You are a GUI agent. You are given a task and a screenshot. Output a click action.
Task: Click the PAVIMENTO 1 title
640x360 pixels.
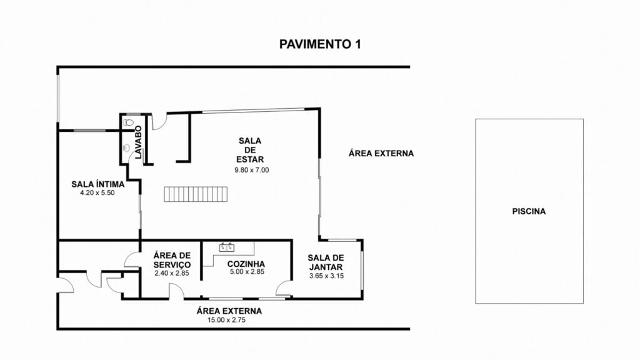(320, 44)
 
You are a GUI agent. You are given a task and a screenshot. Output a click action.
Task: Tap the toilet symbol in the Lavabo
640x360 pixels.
(128, 122)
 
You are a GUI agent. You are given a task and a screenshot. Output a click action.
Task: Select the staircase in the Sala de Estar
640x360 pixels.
(196, 194)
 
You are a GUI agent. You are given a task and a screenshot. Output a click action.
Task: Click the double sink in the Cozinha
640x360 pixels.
(226, 247)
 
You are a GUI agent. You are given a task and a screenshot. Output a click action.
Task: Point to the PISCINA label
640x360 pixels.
(529, 211)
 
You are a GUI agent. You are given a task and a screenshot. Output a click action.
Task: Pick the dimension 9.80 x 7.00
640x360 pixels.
(252, 170)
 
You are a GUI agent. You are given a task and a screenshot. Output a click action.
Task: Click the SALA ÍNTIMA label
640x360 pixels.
(98, 184)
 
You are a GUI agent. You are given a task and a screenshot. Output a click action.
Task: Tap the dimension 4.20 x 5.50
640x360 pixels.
(97, 193)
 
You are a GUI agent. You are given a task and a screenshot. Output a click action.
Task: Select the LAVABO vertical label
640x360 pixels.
(138, 142)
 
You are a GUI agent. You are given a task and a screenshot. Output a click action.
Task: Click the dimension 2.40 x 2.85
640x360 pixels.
(172, 273)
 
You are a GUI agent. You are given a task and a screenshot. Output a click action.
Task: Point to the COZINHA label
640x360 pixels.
(246, 264)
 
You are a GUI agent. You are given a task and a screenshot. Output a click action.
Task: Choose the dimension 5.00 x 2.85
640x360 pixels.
(247, 272)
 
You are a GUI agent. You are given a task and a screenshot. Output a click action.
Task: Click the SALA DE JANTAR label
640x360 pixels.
(326, 262)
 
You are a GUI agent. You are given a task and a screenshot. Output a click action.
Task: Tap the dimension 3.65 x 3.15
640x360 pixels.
(326, 276)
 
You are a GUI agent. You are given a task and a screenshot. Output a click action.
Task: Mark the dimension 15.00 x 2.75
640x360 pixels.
(226, 321)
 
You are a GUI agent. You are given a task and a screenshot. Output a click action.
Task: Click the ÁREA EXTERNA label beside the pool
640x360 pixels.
(381, 154)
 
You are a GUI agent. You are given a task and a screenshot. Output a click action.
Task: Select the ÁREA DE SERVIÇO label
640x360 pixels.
(172, 260)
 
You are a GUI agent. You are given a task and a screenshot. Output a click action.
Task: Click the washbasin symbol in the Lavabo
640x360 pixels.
(126, 147)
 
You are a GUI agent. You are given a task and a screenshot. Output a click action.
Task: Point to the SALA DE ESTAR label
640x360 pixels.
(250, 150)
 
